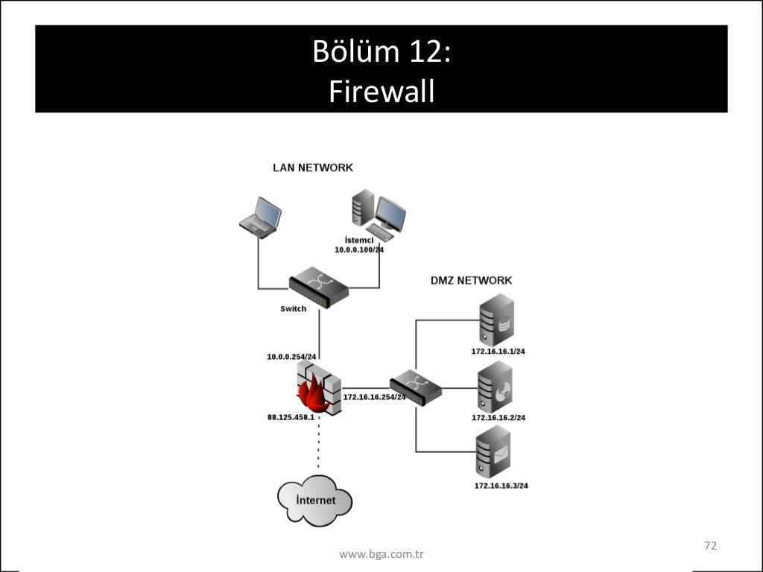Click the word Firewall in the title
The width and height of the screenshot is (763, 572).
click(381, 92)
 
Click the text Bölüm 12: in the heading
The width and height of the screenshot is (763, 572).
click(381, 52)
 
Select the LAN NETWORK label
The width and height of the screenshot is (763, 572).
click(312, 168)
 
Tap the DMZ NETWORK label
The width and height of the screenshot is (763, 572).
click(471, 281)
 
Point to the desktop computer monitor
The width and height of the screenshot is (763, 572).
click(390, 214)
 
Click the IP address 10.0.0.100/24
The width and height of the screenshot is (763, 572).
click(359, 250)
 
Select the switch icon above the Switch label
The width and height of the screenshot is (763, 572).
click(318, 287)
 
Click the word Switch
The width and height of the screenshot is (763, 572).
click(293, 308)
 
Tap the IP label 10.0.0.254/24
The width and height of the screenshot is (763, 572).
click(292, 357)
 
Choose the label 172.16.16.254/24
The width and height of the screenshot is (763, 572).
click(374, 397)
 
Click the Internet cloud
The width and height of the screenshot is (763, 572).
click(315, 500)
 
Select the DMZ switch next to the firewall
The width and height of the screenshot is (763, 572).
click(416, 387)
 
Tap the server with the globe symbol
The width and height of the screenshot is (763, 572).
click(496, 387)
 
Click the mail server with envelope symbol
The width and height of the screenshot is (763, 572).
click(493, 454)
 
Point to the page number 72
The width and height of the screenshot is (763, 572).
click(710, 546)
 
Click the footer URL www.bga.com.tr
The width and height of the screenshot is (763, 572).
click(381, 554)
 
